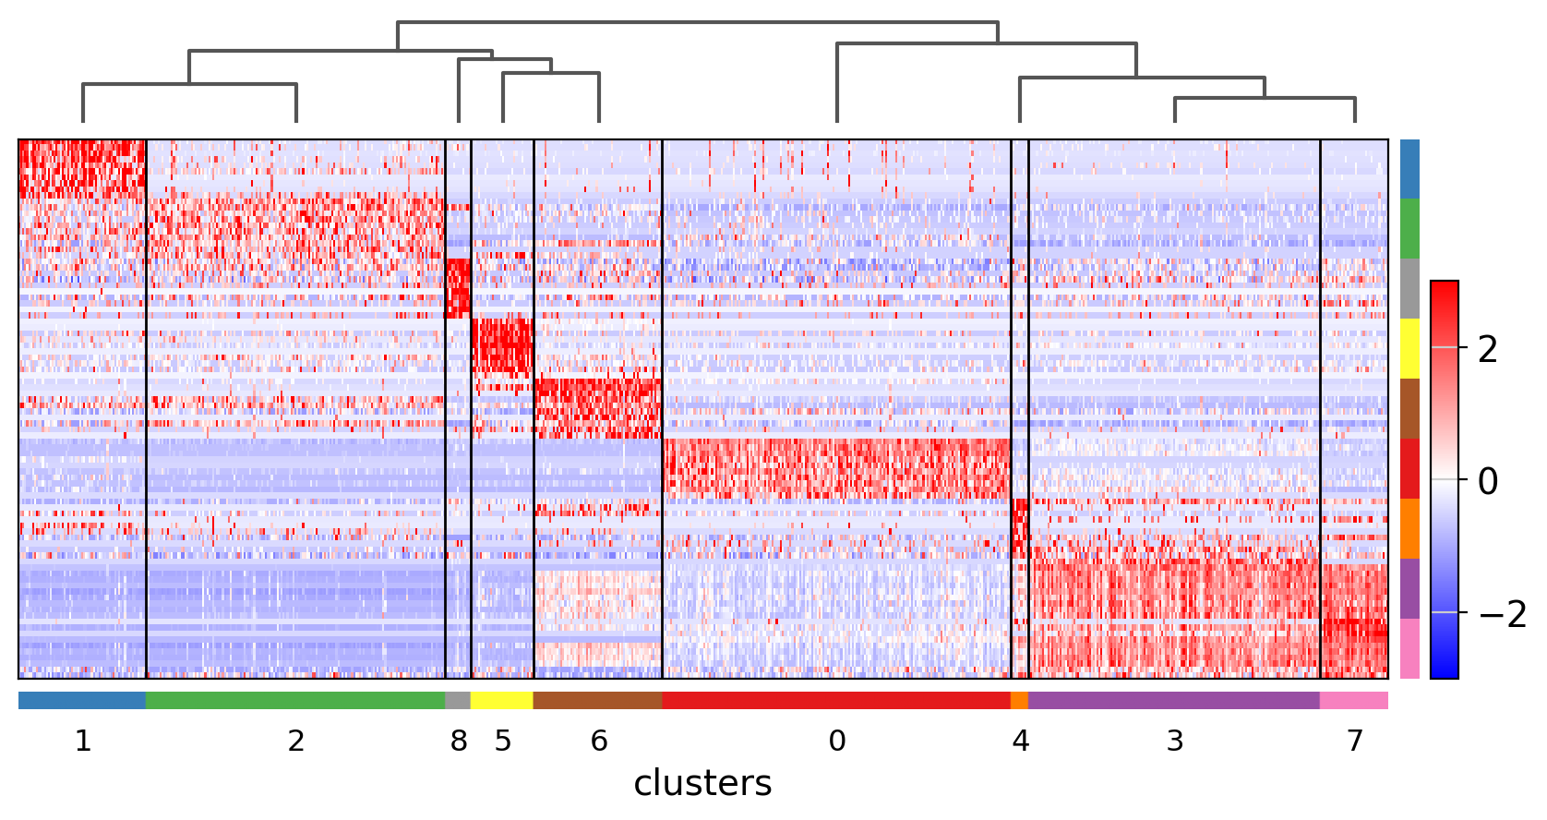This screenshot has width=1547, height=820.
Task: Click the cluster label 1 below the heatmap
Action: (x=83, y=741)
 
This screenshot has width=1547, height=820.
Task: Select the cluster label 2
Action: (x=295, y=741)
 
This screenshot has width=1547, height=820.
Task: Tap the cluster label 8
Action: (x=459, y=741)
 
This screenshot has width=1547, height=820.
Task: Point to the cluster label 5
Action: (x=502, y=741)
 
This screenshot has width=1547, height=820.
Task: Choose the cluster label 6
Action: (x=599, y=741)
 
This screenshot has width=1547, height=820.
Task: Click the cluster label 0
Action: (x=837, y=741)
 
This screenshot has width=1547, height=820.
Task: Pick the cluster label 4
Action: (x=1020, y=741)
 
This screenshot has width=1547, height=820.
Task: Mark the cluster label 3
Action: (x=1175, y=741)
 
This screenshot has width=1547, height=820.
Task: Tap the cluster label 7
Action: (x=1354, y=741)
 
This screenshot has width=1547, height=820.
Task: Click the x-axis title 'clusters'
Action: (x=702, y=783)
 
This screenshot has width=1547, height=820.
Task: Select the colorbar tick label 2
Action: (x=1488, y=349)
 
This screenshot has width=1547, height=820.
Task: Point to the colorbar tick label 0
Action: (x=1488, y=481)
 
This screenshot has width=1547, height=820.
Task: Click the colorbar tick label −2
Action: (x=1503, y=614)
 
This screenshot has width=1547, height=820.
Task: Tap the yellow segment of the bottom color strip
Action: (x=502, y=701)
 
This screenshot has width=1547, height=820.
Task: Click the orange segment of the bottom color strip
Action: (x=1019, y=701)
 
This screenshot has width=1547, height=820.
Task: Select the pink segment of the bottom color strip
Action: (x=1354, y=701)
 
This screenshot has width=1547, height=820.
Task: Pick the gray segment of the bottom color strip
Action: (x=458, y=701)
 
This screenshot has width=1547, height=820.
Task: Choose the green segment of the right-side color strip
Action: (x=1409, y=229)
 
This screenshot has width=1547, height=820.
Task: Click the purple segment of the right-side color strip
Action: (x=1409, y=588)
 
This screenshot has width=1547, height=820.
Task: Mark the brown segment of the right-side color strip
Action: (x=1409, y=408)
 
